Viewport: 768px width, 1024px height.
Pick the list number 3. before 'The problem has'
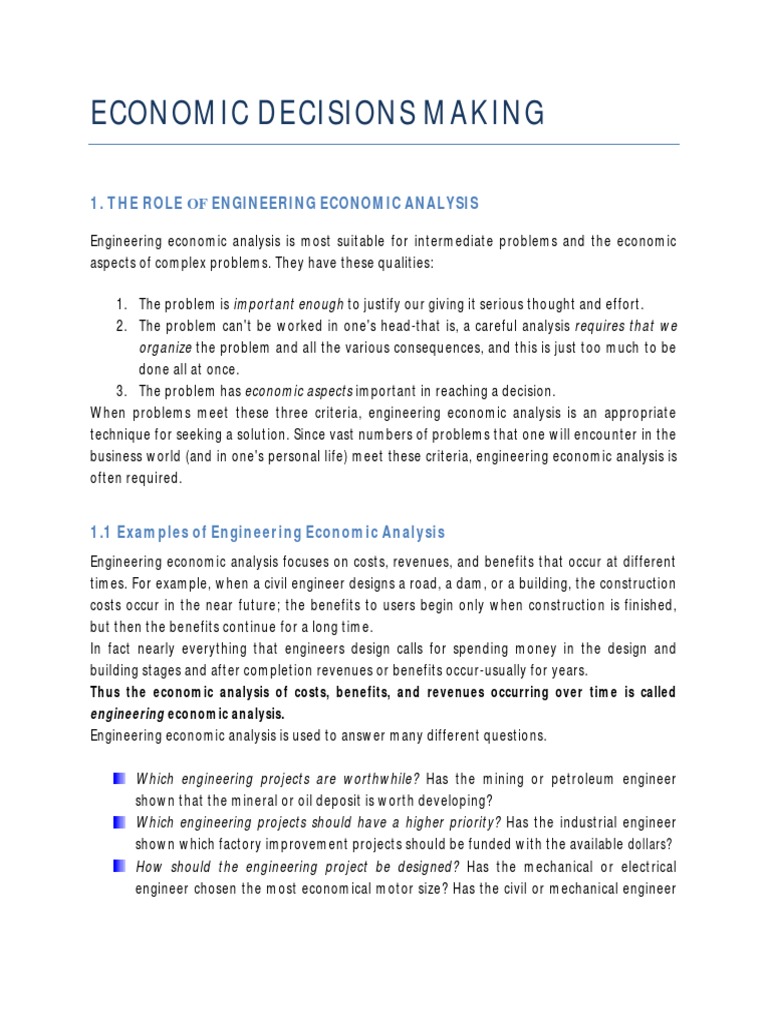(121, 390)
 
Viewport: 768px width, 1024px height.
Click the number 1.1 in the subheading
(101, 532)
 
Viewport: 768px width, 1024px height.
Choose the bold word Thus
(108, 692)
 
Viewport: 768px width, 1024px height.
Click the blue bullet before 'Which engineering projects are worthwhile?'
(120, 778)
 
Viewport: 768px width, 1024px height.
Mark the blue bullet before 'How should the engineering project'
(120, 865)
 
